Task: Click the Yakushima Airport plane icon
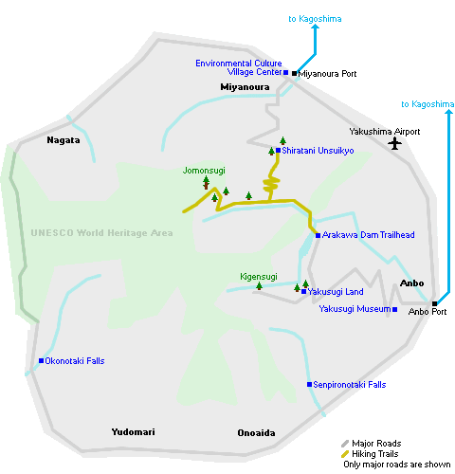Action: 394,143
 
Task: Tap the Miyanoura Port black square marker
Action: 294,73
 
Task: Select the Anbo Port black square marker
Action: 434,303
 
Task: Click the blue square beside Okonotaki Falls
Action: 41,360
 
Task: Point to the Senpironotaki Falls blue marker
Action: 309,384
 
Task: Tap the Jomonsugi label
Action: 204,171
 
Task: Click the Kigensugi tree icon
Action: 259,286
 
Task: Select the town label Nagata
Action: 64,140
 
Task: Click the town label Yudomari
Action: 133,432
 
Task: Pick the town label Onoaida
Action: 256,432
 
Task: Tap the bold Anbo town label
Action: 411,283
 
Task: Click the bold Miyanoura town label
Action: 245,87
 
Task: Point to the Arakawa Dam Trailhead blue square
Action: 318,235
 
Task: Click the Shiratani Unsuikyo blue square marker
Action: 278,151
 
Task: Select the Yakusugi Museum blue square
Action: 394,309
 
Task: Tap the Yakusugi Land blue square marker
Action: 303,291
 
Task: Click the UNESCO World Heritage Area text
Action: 101,233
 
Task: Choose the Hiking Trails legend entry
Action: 370,454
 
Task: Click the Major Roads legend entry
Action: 372,444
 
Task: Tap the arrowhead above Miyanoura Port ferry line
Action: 315,27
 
